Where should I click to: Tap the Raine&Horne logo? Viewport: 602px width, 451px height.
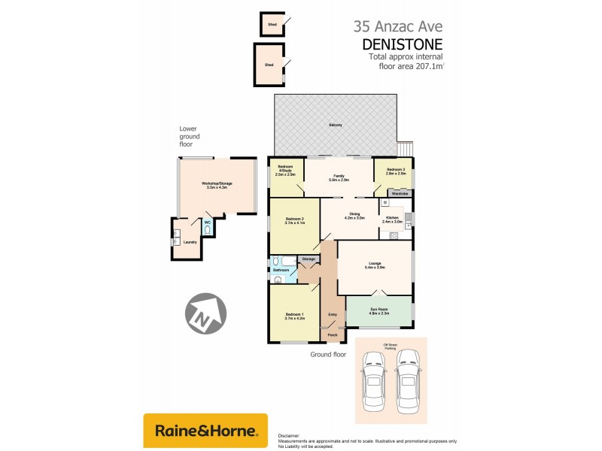click(205, 431)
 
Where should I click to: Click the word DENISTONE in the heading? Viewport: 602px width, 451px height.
click(406, 44)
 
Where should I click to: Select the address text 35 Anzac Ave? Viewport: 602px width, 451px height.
click(398, 26)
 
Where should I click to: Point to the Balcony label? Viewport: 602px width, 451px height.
click(336, 125)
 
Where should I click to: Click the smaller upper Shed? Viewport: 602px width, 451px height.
click(271, 25)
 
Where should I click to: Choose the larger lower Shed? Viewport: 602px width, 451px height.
click(269, 65)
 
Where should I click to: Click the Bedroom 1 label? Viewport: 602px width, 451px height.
click(293, 315)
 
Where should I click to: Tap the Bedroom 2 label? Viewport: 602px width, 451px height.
click(294, 220)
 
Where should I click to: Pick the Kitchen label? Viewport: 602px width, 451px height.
click(394, 219)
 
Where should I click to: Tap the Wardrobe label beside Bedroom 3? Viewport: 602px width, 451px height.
click(400, 193)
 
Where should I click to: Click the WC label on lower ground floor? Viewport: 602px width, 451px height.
click(207, 222)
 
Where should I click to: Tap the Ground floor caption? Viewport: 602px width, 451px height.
click(328, 353)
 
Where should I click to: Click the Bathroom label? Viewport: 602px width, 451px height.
click(281, 269)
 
